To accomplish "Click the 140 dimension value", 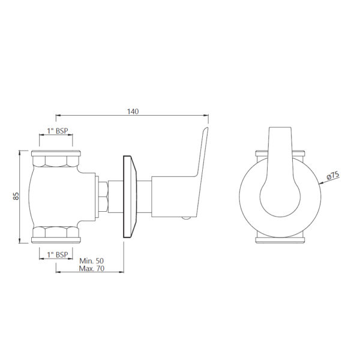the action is click(133, 112).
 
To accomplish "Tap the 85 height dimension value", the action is click(16, 196).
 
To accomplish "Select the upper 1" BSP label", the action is click(58, 131).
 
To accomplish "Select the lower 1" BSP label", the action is click(58, 254).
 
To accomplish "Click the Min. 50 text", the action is click(91, 261).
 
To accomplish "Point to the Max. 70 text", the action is click(92, 268).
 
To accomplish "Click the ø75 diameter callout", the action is click(333, 175).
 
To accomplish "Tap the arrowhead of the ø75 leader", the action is click(321, 183).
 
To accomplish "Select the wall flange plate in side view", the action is click(130, 197).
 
